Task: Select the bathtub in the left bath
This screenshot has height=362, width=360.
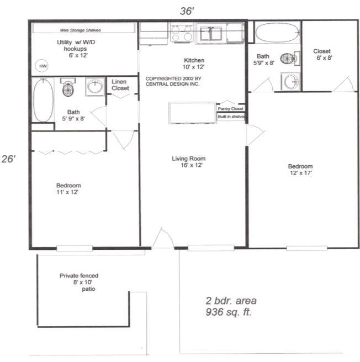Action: pyautogui.click(x=43, y=101)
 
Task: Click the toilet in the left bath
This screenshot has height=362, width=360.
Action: pyautogui.click(x=68, y=87)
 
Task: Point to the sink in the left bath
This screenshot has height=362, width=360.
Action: pyautogui.click(x=95, y=87)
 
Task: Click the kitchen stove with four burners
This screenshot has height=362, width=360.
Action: pyautogui.click(x=181, y=34)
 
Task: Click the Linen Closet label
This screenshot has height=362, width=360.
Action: pyautogui.click(x=120, y=85)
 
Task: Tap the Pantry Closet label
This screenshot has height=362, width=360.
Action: pyautogui.click(x=230, y=109)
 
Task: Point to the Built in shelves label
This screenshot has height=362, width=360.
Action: pyautogui.click(x=231, y=117)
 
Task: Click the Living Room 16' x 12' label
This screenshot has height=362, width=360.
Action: pyautogui.click(x=188, y=162)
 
